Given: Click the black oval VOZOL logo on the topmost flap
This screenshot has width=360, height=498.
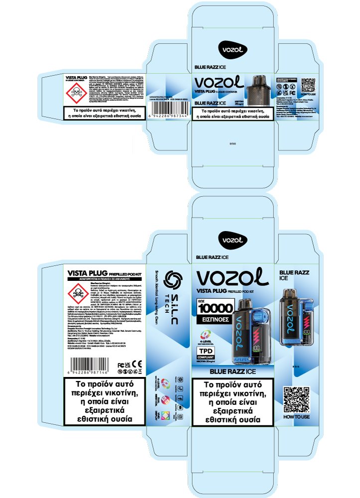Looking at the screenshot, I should [233, 49].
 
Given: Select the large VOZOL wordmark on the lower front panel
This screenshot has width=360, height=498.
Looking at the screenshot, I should [233, 278].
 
